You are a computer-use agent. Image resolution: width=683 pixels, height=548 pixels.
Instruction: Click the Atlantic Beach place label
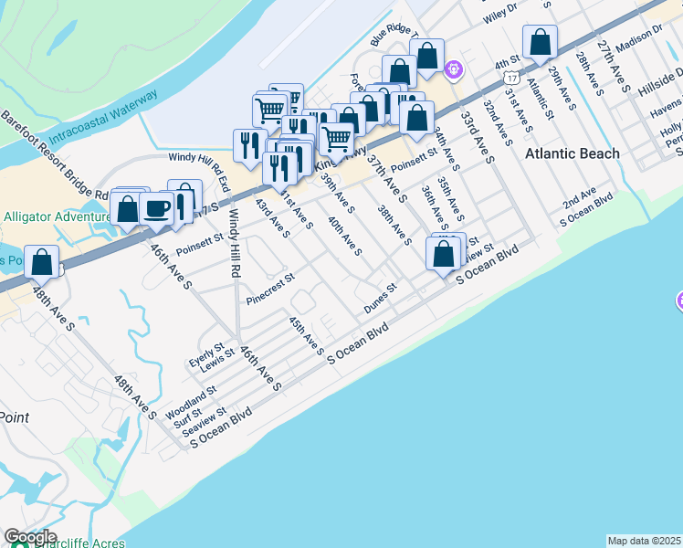(572, 153)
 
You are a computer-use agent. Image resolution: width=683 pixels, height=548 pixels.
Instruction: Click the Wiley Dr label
(499, 12)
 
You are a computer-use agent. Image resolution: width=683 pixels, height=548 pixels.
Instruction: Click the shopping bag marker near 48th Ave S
(42, 261)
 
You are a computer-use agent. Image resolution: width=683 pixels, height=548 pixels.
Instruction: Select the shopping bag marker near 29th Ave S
(540, 42)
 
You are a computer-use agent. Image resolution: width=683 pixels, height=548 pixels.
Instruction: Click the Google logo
(30, 537)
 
